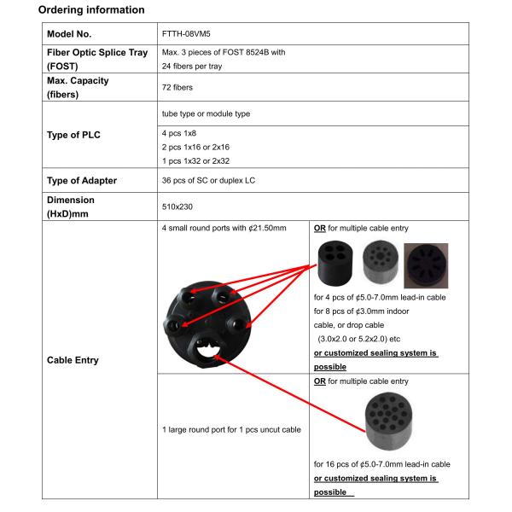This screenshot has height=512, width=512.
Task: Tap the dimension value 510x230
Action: tap(177, 207)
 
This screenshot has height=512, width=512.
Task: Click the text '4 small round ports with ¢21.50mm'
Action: tap(224, 230)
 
